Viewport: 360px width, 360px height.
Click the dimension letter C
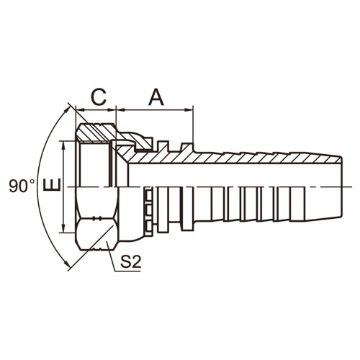[99, 97]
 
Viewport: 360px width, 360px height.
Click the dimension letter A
[156, 97]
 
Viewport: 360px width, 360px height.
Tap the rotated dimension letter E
[52, 185]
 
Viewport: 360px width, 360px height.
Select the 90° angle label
[22, 186]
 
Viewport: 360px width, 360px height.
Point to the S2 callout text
[130, 262]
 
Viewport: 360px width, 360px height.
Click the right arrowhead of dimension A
[189, 110]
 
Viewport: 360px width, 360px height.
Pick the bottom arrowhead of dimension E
[63, 228]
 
